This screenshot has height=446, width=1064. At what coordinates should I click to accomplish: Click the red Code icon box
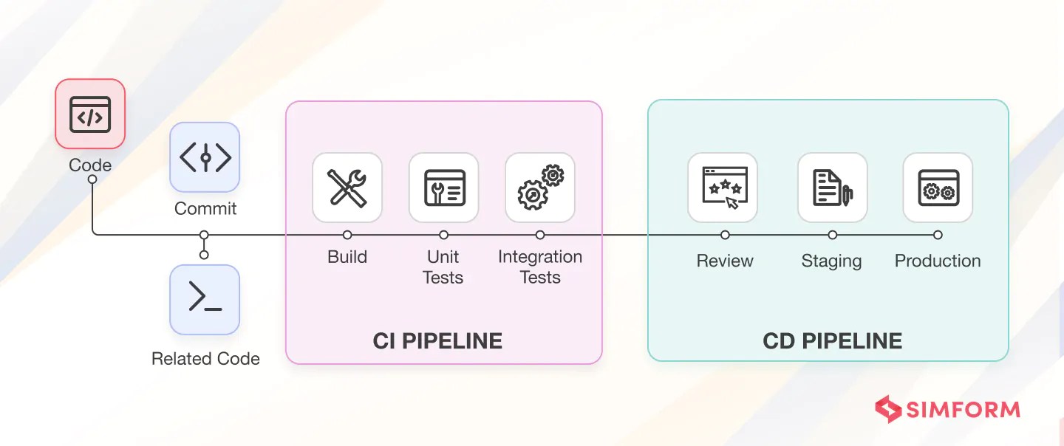tap(90, 114)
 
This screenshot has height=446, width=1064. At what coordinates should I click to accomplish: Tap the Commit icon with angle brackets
tap(205, 157)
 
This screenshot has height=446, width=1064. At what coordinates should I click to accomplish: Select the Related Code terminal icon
tap(205, 299)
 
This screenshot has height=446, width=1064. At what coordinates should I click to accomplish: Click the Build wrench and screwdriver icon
tap(347, 188)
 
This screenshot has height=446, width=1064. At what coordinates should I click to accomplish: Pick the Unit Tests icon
tap(443, 188)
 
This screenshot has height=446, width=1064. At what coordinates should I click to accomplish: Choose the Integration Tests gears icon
tap(540, 188)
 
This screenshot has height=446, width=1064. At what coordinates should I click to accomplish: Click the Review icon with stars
tap(723, 188)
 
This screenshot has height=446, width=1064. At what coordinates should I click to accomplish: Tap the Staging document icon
tap(832, 188)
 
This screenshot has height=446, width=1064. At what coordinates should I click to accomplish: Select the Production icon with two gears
tap(938, 188)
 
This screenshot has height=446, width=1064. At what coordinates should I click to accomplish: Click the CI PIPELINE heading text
tap(437, 340)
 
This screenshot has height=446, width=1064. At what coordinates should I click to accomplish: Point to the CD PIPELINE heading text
tap(832, 340)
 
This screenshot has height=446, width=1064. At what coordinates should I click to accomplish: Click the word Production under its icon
tap(938, 261)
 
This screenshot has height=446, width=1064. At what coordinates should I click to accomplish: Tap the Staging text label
tap(831, 261)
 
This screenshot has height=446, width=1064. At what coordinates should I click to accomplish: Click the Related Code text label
tap(205, 359)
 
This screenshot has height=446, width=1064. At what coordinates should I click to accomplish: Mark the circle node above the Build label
tap(347, 235)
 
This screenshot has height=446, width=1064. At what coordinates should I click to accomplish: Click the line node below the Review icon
tap(725, 235)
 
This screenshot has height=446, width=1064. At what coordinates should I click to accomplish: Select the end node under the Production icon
tap(938, 235)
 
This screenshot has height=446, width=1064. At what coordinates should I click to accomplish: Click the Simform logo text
tap(965, 410)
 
